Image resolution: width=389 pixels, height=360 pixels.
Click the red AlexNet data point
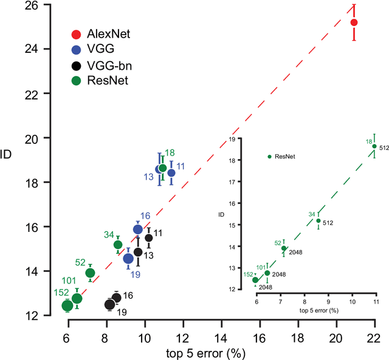[354, 22]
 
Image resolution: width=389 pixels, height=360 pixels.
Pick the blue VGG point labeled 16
[138, 229]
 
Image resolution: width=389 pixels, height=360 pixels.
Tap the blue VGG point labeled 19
[128, 259]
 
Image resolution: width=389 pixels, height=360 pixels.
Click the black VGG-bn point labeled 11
[148, 238]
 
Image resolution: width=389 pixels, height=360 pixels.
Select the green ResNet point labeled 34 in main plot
[118, 245]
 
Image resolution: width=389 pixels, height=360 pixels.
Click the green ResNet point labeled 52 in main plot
[90, 273]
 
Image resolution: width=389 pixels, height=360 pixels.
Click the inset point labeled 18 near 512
[374, 146]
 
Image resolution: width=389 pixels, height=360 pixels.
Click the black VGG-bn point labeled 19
[109, 304]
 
